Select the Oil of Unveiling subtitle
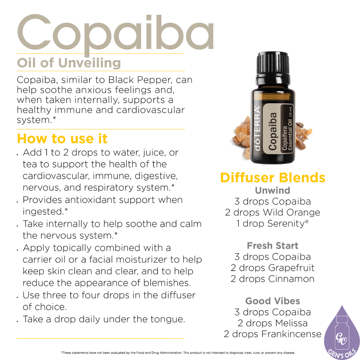pyautogui.click(x=69, y=63)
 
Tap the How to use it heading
pyautogui.click(x=62, y=138)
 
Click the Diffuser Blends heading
pyautogui.click(x=273, y=178)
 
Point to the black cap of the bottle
pyautogui.click(x=273, y=67)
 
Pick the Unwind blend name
pyautogui.click(x=273, y=191)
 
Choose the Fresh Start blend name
pyautogui.click(x=273, y=246)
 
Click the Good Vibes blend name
pyautogui.click(x=273, y=301)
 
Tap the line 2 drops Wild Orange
pyautogui.click(x=273, y=213)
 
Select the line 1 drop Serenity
pyautogui.click(x=273, y=224)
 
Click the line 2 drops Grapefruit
pyautogui.click(x=273, y=268)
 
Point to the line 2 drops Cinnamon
pyautogui.click(x=273, y=279)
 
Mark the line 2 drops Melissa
pyautogui.click(x=273, y=323)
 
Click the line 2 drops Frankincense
pyautogui.click(x=273, y=334)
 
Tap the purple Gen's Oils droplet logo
pyautogui.click(x=342, y=335)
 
